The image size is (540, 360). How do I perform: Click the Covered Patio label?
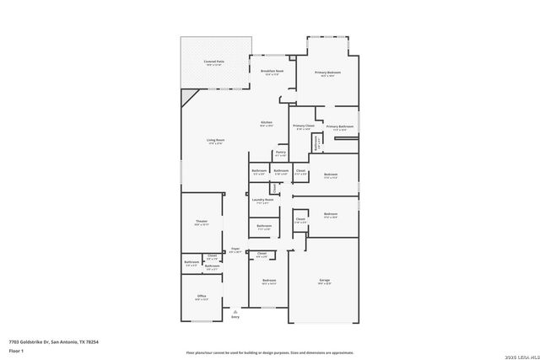(x=213, y=62)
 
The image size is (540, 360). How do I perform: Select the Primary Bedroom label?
(x=326, y=73)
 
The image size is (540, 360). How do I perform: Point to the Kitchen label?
(x=266, y=123)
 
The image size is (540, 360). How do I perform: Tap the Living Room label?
(x=215, y=140)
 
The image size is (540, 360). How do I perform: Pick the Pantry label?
(x=280, y=153)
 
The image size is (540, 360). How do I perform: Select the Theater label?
(x=202, y=222)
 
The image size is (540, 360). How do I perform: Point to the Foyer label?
(x=235, y=249)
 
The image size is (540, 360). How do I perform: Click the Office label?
(x=202, y=296)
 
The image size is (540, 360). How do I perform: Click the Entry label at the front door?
(x=235, y=317)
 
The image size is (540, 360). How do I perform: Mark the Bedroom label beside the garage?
(x=269, y=280)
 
